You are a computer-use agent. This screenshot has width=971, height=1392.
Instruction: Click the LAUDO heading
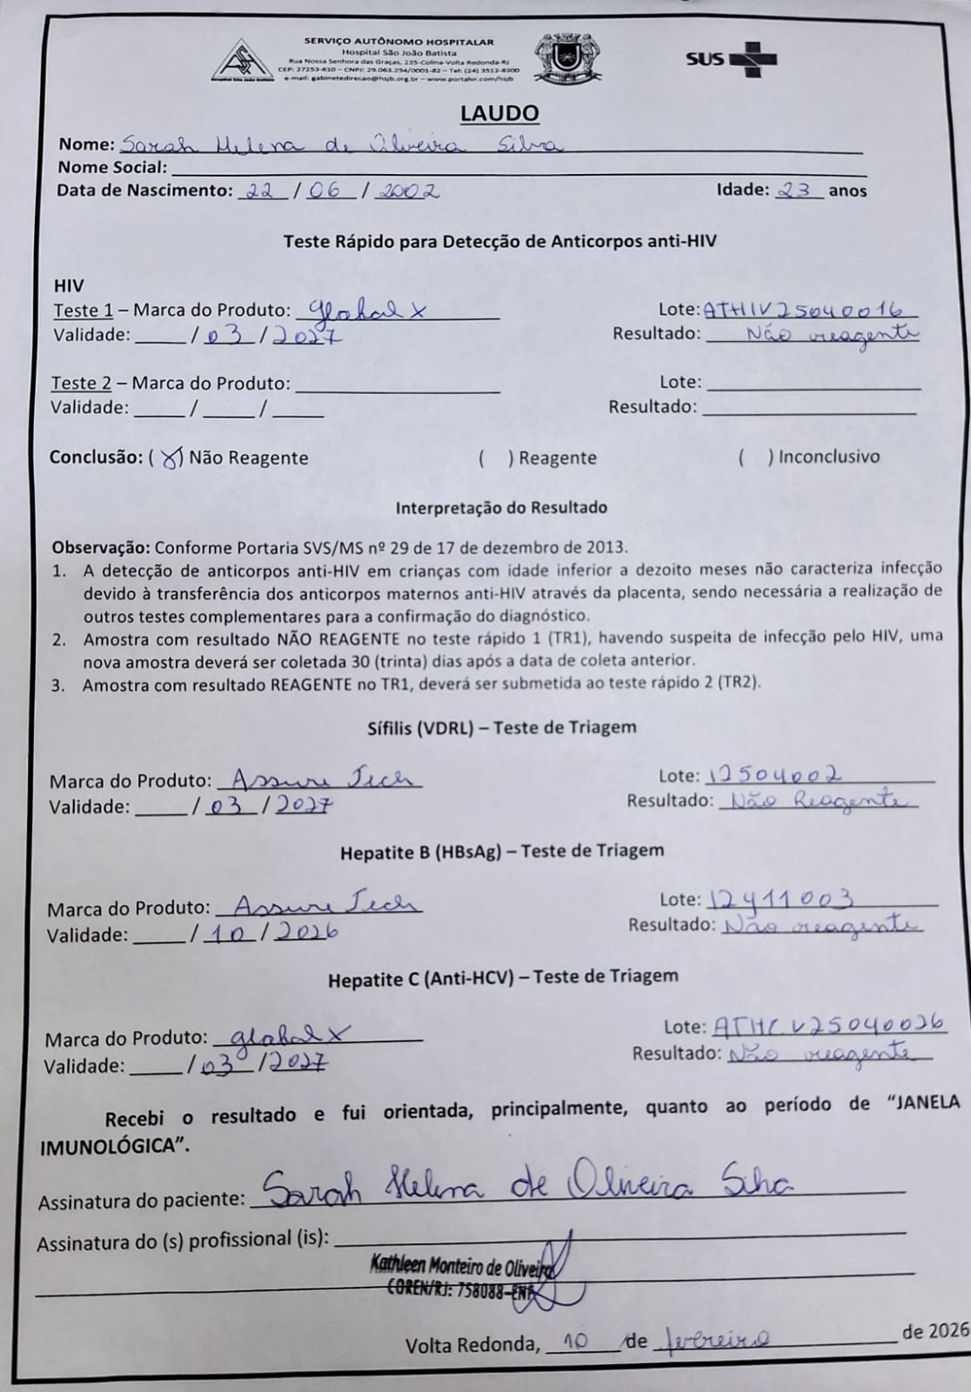499,113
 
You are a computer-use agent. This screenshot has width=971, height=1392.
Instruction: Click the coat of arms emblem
559,58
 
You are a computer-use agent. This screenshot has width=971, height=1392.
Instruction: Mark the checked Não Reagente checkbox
173,458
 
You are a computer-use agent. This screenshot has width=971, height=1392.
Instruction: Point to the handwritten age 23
797,190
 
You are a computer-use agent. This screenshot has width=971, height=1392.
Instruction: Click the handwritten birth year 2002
407,191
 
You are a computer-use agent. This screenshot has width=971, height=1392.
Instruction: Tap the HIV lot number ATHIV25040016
808,310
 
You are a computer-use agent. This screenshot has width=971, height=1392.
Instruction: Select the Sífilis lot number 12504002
776,774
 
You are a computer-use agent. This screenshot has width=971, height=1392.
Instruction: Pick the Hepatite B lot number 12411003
781,899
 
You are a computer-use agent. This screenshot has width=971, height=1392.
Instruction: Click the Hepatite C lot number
828,1026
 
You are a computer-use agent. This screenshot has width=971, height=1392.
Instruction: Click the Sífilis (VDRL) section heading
502,727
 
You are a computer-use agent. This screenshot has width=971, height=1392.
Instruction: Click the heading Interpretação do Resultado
501,507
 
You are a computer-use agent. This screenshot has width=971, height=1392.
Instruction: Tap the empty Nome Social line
513,168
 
